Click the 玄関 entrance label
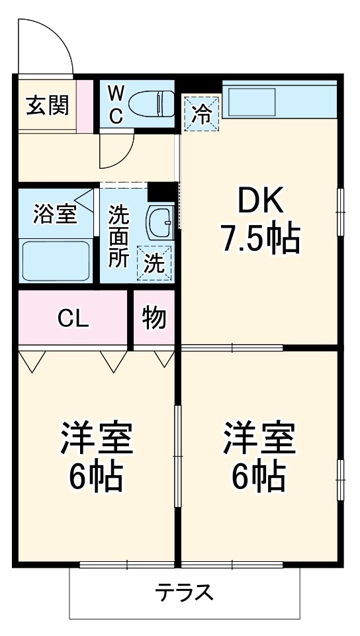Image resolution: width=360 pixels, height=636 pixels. coord(48,105)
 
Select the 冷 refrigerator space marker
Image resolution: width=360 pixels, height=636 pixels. coord(201,114)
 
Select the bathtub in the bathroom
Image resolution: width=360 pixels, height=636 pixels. coord(56,260)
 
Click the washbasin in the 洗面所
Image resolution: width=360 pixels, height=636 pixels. coord(160,222)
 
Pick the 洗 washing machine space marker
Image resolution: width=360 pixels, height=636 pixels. coord(154,263)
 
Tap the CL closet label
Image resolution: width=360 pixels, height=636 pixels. coord(73,319)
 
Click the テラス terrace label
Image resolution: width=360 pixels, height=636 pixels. coord(184,592)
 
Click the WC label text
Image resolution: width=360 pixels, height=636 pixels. coord(116,105)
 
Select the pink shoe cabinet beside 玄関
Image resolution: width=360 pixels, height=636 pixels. coord(85,107)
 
